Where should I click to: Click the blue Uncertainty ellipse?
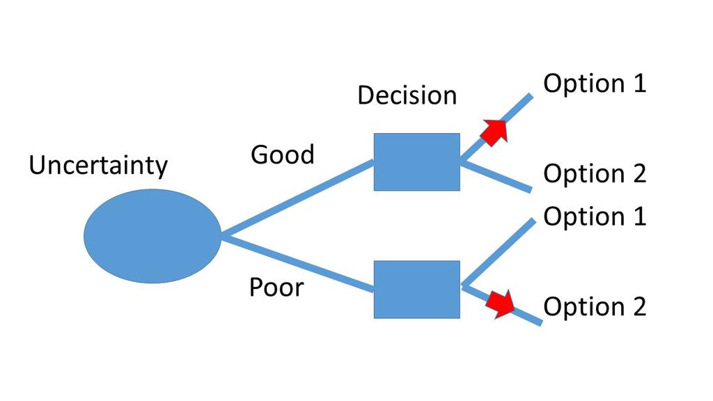tap(152, 236)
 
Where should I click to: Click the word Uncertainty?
tap(98, 166)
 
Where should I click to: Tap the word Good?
tap(282, 154)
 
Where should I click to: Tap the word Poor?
tap(276, 286)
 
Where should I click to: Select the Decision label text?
tap(407, 95)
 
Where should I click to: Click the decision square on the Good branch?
tap(416, 162)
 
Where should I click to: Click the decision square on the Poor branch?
tap(416, 290)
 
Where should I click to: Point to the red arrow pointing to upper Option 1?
tap(495, 131)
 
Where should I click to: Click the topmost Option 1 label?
tap(595, 84)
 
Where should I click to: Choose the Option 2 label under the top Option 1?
tap(595, 173)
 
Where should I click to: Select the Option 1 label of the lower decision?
tap(595, 217)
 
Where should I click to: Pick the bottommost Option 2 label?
tap(595, 306)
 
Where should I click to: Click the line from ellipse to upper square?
tap(299, 198)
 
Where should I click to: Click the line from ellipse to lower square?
tap(299, 263)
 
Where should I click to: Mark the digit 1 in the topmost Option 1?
tap(639, 84)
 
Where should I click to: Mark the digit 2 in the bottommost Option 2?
tap(639, 306)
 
